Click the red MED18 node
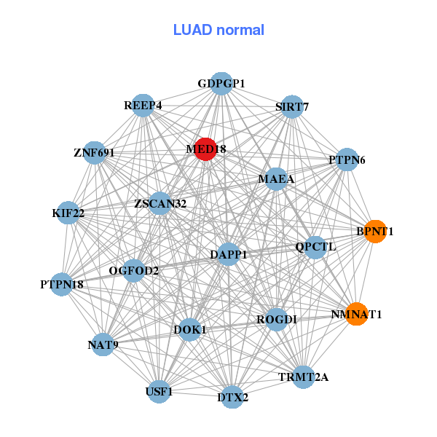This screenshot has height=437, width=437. [205, 149]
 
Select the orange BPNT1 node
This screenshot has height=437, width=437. [375, 232]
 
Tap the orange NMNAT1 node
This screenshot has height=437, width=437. [356, 315]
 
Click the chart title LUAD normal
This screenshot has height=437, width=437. [219, 30]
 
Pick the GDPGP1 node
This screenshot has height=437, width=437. [221, 84]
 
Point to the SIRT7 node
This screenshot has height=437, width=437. [292, 107]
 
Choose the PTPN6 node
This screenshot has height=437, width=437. [347, 160]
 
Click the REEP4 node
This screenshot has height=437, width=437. [143, 106]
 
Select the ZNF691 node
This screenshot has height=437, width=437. [94, 153]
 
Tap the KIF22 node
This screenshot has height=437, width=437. [68, 213]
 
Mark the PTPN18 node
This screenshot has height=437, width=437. [62, 284]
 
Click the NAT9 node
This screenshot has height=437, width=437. [103, 344]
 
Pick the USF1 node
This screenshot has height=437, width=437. [160, 392]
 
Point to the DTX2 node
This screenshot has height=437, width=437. [233, 397]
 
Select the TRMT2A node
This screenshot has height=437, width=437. [304, 377]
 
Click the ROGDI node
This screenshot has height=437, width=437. [276, 319]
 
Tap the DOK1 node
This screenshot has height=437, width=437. [189, 330]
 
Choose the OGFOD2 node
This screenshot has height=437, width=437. [134, 271]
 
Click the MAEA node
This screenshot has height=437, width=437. [276, 178]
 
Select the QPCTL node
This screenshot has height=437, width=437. [315, 246]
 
